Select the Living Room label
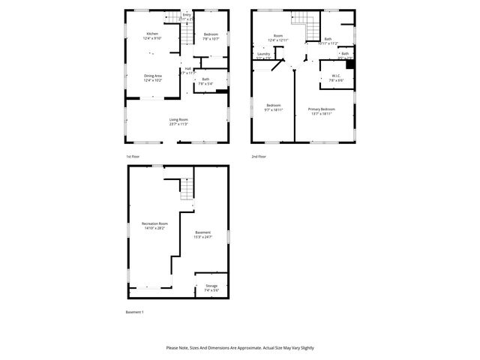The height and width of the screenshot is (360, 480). click(x=178, y=121)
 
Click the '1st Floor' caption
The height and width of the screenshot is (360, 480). click(x=133, y=157)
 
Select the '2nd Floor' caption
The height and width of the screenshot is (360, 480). click(x=259, y=157)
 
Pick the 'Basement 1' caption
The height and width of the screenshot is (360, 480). click(x=133, y=311)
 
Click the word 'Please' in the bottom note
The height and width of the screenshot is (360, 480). click(x=173, y=348)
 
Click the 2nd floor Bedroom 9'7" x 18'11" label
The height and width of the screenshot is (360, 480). click(x=273, y=107)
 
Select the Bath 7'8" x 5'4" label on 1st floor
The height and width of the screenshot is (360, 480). click(x=205, y=81)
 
